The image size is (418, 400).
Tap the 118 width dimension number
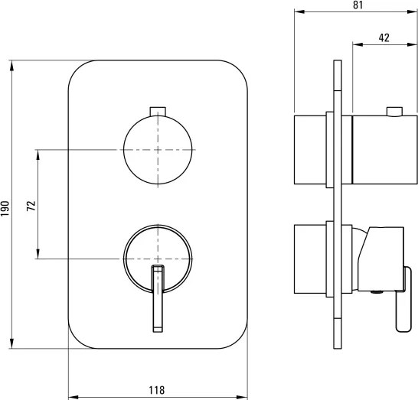pos(158,389)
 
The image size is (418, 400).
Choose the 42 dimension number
pos(384,37)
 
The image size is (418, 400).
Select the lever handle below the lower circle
pos(158,300)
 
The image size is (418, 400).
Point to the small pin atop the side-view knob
pos(394,112)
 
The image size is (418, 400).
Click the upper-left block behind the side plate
pos(312,150)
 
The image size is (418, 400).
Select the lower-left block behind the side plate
pos(312,259)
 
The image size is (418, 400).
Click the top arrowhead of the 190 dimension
pos(13,65)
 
